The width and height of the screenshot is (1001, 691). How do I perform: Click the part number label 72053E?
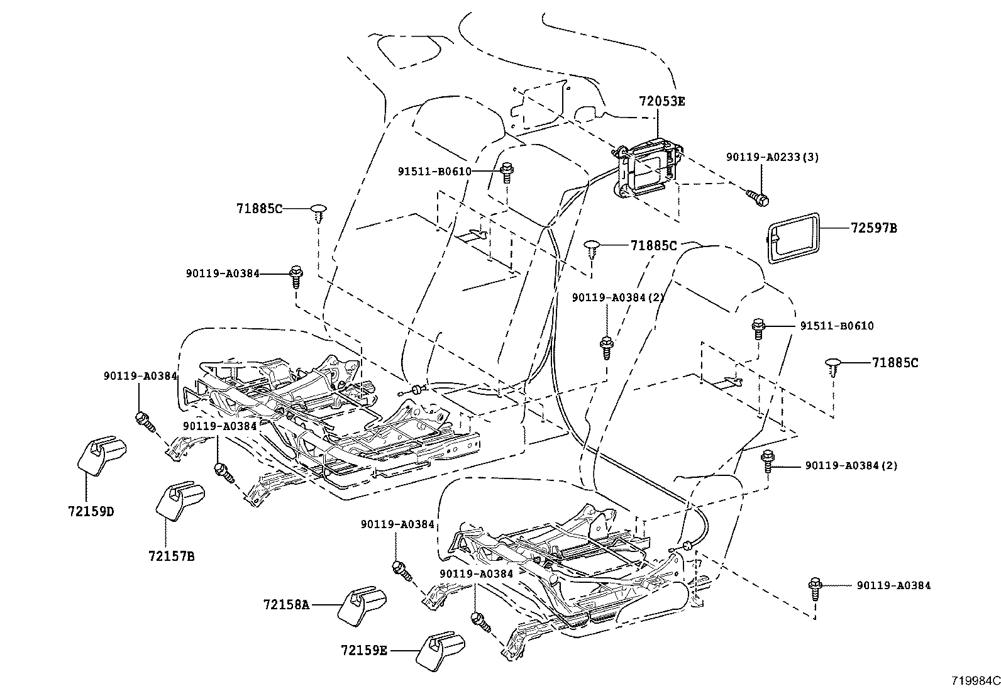click(661, 101)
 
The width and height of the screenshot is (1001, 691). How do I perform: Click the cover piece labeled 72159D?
click(102, 454)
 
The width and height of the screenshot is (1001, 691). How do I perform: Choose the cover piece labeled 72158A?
click(363, 605)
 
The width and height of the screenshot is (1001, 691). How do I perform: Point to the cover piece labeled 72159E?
click(441, 648)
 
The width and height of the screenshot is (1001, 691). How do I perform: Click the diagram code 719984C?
click(975, 681)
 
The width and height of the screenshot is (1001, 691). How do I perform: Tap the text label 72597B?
click(874, 228)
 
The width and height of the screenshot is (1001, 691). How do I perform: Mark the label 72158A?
click(287, 604)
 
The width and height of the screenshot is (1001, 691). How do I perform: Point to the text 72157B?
click(172, 556)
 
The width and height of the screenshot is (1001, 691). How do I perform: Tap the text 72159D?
click(91, 511)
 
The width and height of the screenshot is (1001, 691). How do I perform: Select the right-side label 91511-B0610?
click(836, 326)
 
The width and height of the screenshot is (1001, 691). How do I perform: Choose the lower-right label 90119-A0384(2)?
click(851, 466)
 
